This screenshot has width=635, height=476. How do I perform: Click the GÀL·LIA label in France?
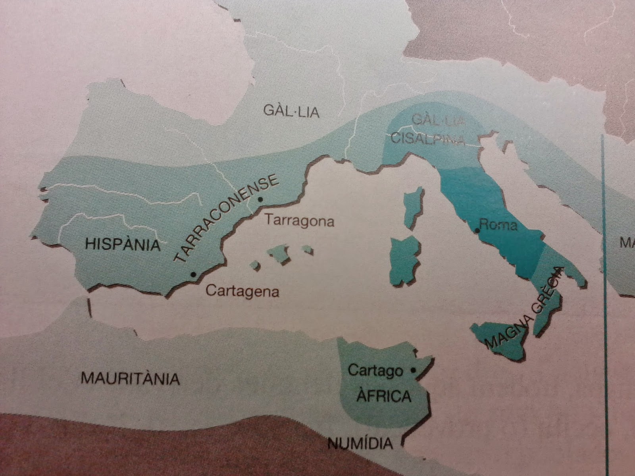291,111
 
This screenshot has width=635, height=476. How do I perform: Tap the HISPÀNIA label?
123,244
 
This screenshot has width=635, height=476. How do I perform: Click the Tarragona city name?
299,220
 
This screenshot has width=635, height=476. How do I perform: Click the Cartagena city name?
242,292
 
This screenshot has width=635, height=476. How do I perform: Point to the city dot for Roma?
477,230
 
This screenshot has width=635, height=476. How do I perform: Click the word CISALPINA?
428,139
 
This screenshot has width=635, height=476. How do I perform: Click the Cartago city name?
375,370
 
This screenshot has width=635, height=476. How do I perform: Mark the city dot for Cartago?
413,370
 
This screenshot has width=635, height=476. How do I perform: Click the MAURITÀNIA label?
130,378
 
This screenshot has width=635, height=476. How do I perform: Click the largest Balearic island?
280,254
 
